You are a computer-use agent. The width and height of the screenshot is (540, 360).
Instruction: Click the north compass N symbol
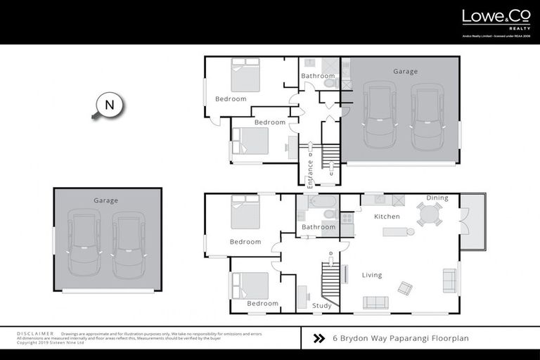pyautogui.click(x=109, y=105)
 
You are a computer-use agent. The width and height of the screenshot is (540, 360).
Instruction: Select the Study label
pyautogui.click(x=321, y=306)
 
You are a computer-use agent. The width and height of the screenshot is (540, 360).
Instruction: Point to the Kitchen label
pyautogui.click(x=387, y=217)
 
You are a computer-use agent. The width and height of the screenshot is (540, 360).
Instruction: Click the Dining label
pyautogui.click(x=437, y=198)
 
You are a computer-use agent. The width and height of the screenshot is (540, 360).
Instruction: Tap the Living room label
pyautogui.click(x=372, y=275)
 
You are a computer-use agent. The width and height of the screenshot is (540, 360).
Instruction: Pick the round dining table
pyautogui.click(x=429, y=214)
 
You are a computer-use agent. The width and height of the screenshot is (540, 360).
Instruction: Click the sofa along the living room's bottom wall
pyautogui.click(x=375, y=302)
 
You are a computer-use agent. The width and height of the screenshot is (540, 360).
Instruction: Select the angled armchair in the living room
pyautogui.click(x=406, y=288)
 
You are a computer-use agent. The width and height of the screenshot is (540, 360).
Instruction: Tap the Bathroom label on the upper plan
pyautogui.click(x=318, y=76)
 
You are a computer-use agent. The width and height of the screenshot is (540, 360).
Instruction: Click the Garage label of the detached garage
pyautogui.click(x=106, y=201)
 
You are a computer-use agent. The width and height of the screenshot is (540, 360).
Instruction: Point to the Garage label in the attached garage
pyautogui.click(x=406, y=72)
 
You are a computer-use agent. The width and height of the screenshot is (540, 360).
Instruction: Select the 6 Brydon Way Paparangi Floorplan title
pyautogui.click(x=400, y=338)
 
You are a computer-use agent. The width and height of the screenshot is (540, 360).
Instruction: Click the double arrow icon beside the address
pyautogui.click(x=319, y=338)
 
